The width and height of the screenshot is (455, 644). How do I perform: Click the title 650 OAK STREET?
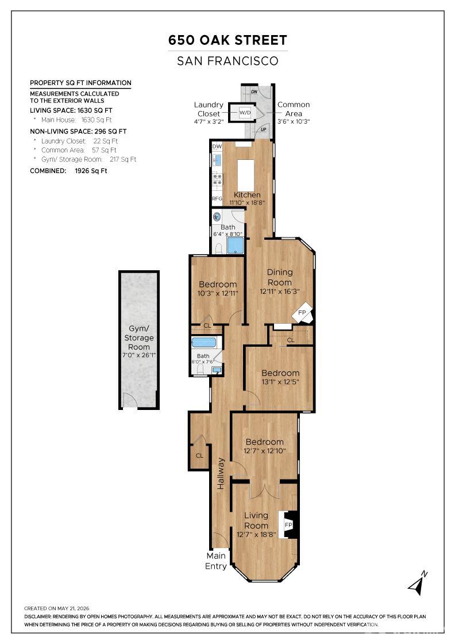tap(227, 40)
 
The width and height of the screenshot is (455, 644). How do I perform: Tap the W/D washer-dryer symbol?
tap(245, 113)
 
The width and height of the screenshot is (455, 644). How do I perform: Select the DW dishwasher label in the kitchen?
tap(217, 146)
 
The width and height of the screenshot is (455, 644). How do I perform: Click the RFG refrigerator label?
tap(217, 198)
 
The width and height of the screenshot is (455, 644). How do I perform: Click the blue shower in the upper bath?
tap(235, 246)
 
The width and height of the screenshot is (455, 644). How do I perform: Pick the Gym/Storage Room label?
tap(138, 338)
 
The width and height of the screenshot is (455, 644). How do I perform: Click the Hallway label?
tap(221, 474)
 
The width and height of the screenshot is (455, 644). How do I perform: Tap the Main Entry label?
tap(216, 561)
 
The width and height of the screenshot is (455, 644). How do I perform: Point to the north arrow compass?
tap(418, 582)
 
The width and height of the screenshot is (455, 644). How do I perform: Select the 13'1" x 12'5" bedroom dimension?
tap(280, 382)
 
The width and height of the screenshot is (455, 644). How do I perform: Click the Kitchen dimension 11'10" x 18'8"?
tap(247, 202)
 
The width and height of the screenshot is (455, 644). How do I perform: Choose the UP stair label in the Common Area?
tap(263, 129)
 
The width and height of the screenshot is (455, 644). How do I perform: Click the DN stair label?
tap(254, 91)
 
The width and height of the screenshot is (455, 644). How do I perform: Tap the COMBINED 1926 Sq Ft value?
tap(91, 171)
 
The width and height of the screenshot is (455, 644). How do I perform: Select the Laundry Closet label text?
tap(209, 109)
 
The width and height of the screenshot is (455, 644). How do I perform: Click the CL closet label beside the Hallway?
tap(199, 455)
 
